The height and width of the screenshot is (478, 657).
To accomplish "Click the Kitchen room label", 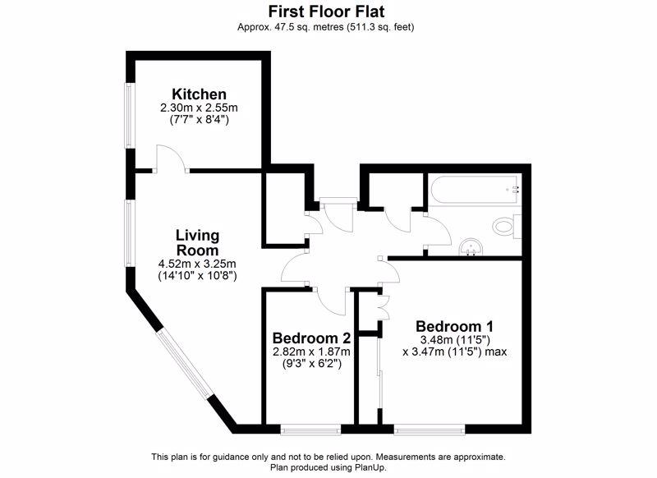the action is [199, 94].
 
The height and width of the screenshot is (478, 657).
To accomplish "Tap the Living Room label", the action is [197, 242].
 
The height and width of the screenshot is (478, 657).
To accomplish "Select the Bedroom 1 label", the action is [455, 326].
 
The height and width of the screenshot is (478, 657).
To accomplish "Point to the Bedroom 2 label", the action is [311, 338].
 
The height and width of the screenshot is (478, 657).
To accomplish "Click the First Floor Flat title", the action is [326, 11].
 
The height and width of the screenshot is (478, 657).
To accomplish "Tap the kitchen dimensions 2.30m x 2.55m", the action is [199, 108].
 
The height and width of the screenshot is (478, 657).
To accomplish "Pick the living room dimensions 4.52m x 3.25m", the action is [197, 264].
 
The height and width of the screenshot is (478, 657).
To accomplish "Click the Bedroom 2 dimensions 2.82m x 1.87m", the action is [311, 351].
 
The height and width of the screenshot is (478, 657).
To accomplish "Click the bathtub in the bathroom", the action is [475, 191].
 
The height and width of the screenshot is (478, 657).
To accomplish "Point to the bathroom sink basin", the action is [471, 247].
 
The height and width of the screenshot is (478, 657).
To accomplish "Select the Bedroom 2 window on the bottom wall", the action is [310, 430].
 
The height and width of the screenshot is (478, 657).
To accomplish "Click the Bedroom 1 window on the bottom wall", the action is [430, 430].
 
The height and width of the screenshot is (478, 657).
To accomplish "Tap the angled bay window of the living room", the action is [184, 364].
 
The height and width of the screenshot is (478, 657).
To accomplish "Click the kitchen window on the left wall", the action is [131, 115].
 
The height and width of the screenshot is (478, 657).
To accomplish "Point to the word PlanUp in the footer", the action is [369, 467].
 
